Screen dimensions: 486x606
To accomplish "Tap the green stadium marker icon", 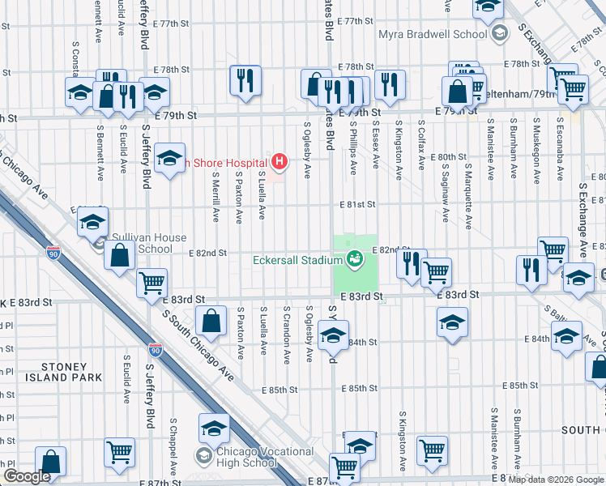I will click(354, 260).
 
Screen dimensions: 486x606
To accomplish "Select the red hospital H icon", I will click(280, 162).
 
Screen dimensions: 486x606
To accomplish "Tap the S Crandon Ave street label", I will click(287, 335).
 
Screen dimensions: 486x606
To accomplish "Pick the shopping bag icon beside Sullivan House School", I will click(120, 256).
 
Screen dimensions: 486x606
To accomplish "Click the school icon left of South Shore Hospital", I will click(170, 159).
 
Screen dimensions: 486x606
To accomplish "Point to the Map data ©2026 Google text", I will click(556, 480).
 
